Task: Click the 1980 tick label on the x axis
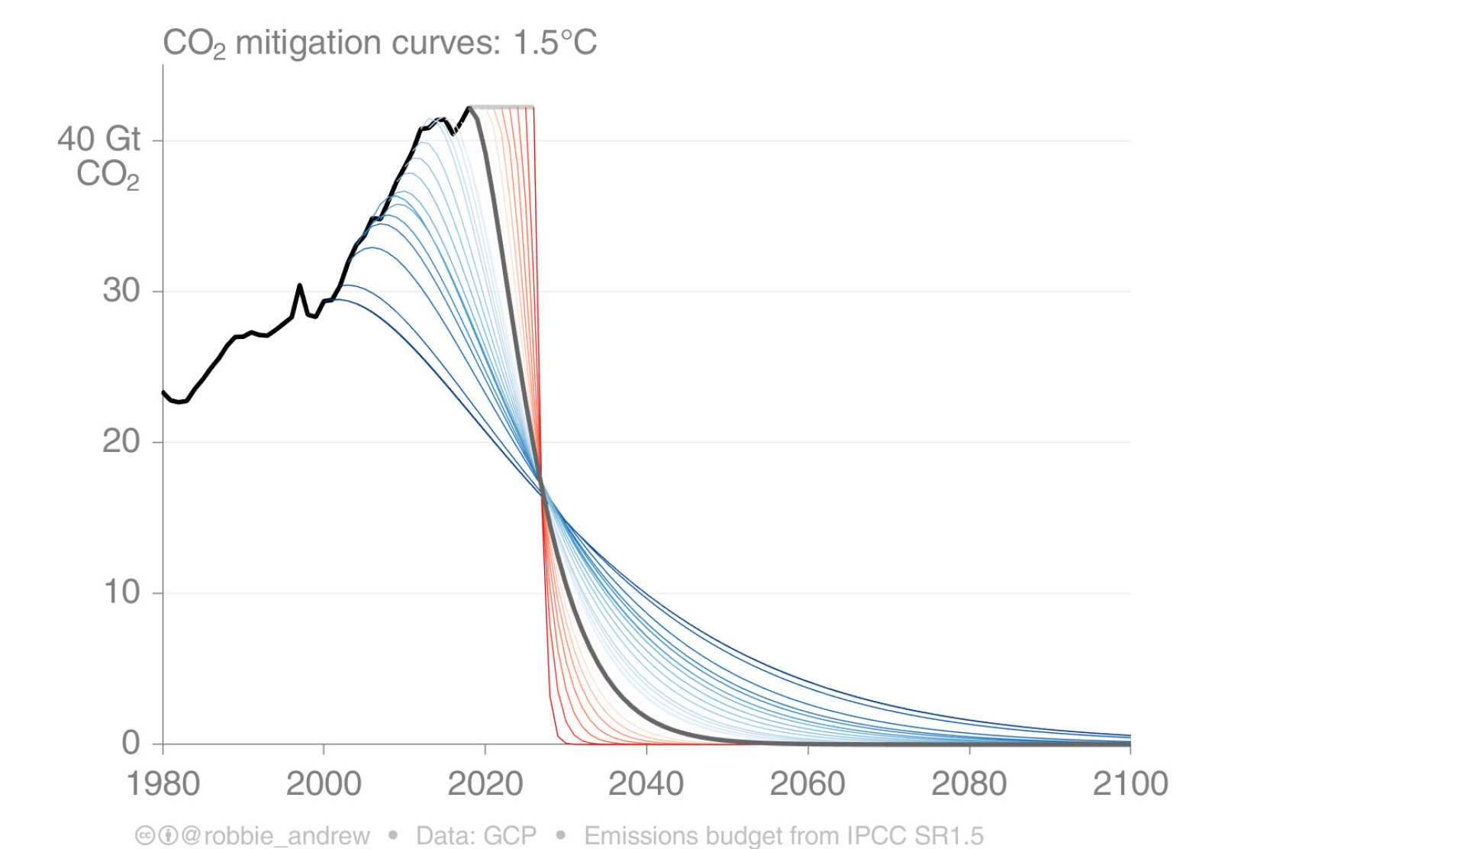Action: pos(163,784)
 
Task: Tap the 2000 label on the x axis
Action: pos(324,784)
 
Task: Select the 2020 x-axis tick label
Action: pos(485,784)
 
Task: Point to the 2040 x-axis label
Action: pos(646,784)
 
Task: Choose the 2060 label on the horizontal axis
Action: pos(807,784)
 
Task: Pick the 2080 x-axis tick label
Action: pos(969,784)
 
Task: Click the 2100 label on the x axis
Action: pos(1130,784)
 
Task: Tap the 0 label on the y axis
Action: pos(131,743)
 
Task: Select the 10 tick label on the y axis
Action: pos(121,592)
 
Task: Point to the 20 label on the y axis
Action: pos(121,441)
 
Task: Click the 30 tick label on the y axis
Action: pos(121,291)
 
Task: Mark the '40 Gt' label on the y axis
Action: pos(99,140)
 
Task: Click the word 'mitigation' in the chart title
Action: pos(308,43)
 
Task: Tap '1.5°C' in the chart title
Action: pos(555,43)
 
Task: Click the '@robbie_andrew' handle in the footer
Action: pos(276,836)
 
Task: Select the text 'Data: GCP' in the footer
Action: pos(476,836)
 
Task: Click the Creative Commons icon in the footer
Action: pos(144,836)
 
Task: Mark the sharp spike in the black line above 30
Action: pos(300,286)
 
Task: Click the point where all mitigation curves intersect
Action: pos(543,489)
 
